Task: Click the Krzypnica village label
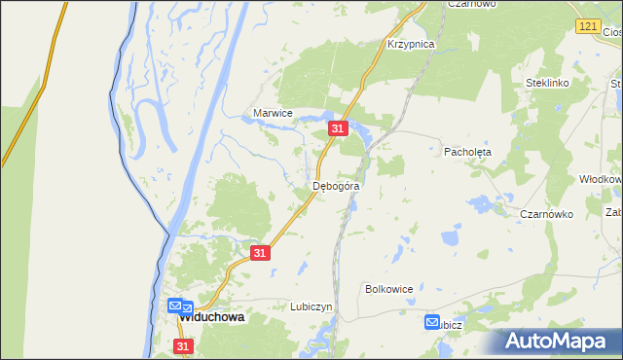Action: point(410,45)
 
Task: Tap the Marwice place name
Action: point(273,113)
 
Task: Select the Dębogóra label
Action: point(337,185)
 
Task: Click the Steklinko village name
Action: point(547,84)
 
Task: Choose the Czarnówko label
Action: point(546,214)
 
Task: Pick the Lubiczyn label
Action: point(311,306)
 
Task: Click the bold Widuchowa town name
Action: point(210,317)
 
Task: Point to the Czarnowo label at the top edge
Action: point(471,4)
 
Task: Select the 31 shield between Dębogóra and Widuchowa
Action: point(259,252)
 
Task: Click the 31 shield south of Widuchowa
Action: point(184,345)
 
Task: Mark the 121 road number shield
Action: point(585,26)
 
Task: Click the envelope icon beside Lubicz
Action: point(433,322)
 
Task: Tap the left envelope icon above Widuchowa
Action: point(173,306)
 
